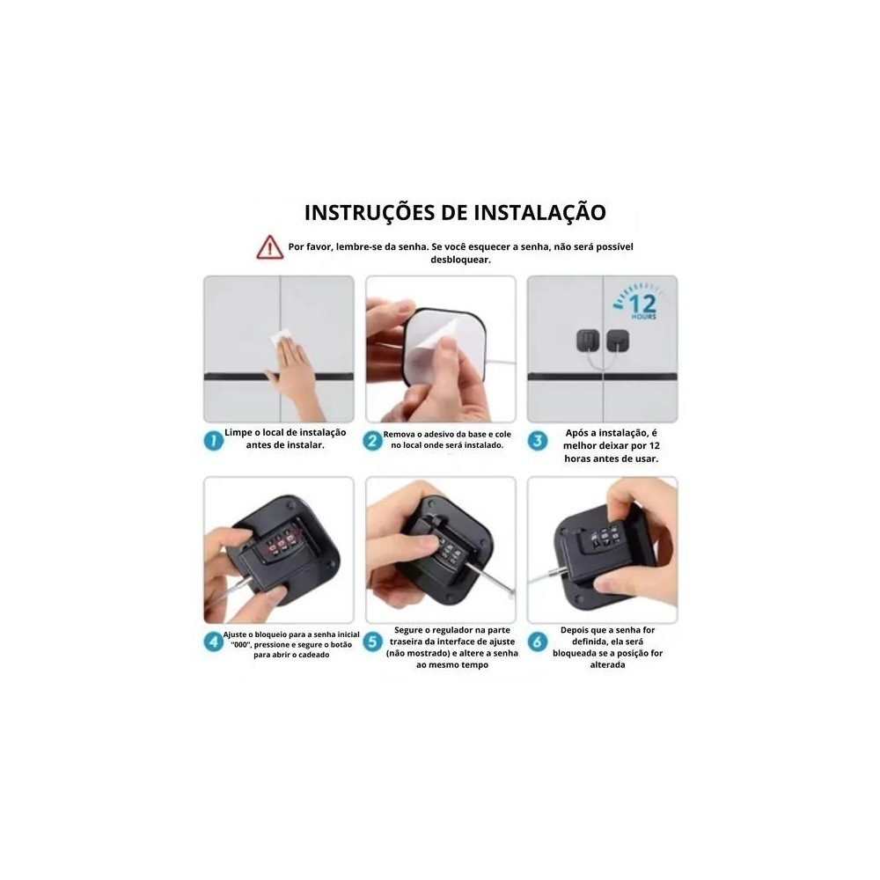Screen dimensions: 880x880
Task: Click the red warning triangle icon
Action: coord(270,247)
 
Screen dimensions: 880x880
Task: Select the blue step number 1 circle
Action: coord(213,441)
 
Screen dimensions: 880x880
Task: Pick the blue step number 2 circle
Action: coord(372,441)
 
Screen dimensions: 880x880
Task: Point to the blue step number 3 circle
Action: coord(538,441)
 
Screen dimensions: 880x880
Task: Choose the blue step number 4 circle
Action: coord(213,641)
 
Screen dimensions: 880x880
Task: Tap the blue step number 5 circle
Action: coord(372,641)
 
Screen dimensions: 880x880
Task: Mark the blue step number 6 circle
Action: coord(538,641)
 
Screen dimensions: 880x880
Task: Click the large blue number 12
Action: coord(642,304)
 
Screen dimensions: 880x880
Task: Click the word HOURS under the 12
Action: coord(644,317)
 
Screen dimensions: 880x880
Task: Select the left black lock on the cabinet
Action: coord(588,341)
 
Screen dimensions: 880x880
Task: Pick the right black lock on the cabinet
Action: coord(618,341)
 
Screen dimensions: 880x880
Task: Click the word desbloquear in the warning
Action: coord(460,260)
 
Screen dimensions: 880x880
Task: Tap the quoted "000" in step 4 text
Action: coord(240,645)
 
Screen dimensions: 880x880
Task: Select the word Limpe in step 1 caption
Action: coord(238,433)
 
